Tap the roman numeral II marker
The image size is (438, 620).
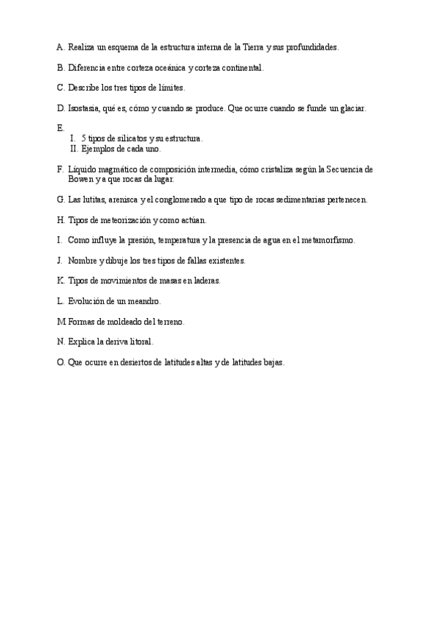click(74, 148)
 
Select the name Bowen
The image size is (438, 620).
click(80, 178)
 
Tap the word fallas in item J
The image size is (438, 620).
click(190, 260)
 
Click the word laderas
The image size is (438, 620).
click(205, 280)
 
